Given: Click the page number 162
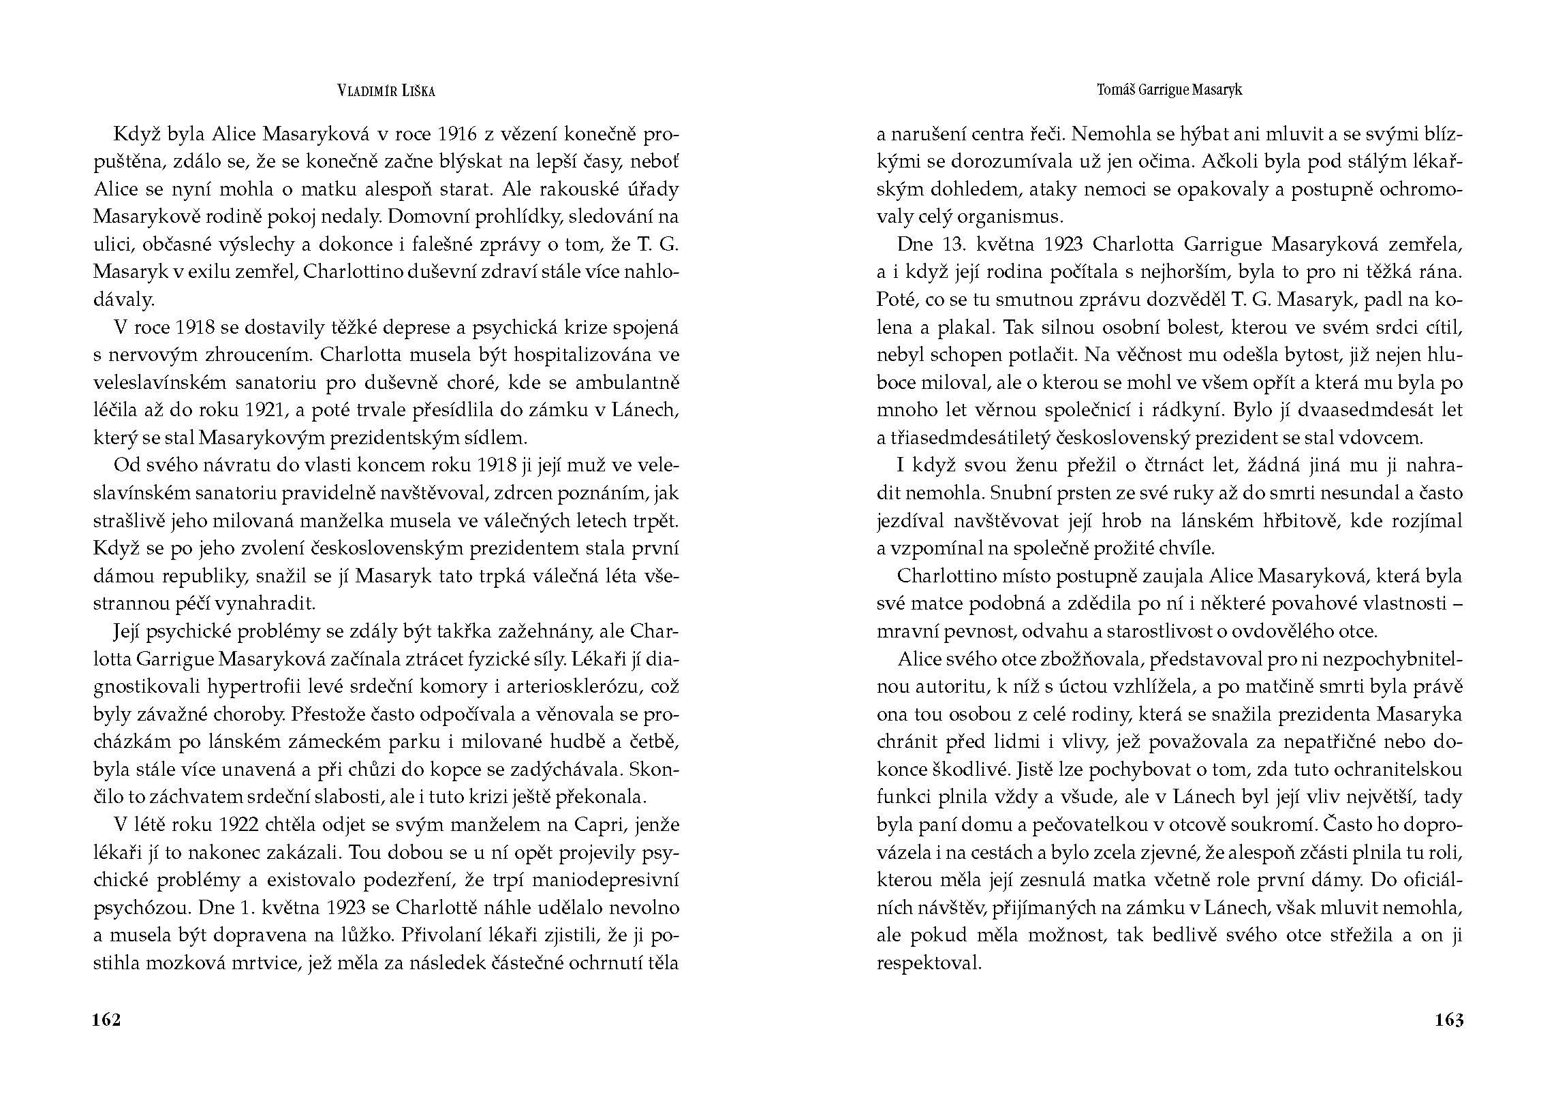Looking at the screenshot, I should click(x=106, y=1020).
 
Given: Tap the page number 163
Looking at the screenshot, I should click(x=1449, y=1020).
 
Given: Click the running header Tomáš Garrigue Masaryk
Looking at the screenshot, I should click(x=1170, y=90).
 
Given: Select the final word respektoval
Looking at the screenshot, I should click(x=929, y=963).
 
